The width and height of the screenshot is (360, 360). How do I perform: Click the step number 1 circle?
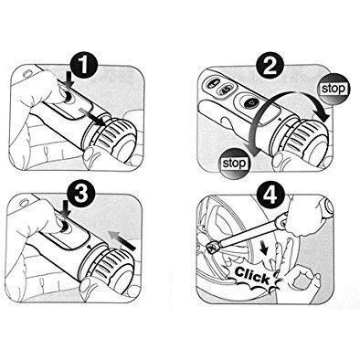tap(84, 67)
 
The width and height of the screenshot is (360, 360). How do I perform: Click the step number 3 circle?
tap(81, 194)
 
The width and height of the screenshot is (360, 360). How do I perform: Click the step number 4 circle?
tap(270, 196)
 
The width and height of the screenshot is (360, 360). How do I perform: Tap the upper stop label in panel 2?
tap(334, 89)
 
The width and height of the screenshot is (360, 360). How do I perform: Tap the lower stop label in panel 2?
tap(234, 164)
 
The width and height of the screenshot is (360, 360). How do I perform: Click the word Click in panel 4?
tap(252, 275)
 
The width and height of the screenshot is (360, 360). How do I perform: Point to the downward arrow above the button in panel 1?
tap(70, 79)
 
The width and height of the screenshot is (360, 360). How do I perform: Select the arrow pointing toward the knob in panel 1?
tap(92, 116)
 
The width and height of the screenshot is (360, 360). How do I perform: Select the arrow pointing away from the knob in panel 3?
tap(122, 240)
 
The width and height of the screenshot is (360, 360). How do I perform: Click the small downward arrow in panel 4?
tap(264, 249)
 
